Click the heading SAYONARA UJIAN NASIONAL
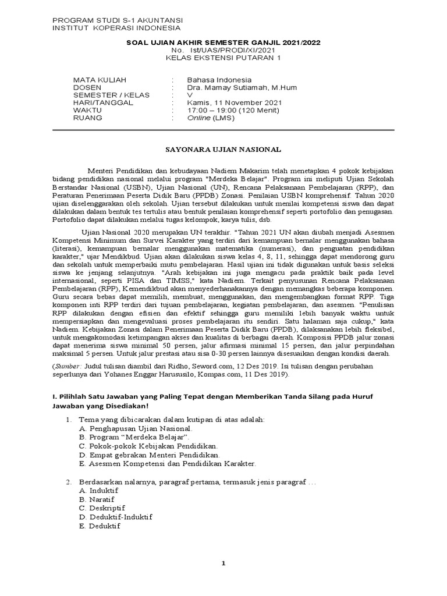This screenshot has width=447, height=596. pos(223,150)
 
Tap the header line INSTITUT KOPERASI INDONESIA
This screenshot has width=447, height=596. pos(116,27)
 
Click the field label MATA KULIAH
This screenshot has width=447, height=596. pos(99,80)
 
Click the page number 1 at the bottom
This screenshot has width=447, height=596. pos(223,563)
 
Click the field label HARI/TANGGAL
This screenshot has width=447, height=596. pos(102,102)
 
